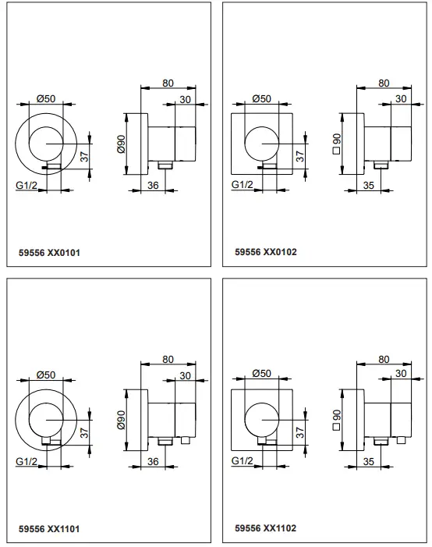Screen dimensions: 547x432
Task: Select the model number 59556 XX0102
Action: tap(265, 252)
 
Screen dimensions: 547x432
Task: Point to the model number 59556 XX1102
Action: tap(265, 528)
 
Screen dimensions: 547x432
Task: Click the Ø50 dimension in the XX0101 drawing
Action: tap(46, 99)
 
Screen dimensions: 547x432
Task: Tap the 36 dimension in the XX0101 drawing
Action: tap(153, 184)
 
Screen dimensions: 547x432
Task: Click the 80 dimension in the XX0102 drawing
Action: tap(384, 83)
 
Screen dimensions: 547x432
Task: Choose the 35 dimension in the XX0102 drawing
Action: tap(369, 184)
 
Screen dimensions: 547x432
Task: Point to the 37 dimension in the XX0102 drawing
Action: tap(300, 156)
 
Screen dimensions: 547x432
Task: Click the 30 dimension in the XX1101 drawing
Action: tap(185, 376)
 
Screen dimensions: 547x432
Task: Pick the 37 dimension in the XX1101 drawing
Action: tap(84, 432)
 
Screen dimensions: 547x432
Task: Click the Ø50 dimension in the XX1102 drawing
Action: tap(262, 375)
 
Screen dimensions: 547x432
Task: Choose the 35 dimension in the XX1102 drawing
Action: tap(369, 461)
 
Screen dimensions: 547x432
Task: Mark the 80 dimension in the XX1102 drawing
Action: tap(384, 359)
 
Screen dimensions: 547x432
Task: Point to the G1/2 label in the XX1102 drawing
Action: tap(242, 461)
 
